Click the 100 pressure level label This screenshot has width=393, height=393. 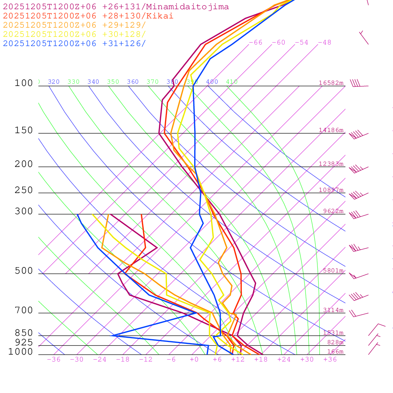pos(24,83)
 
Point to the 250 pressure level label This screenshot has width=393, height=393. pos(24,190)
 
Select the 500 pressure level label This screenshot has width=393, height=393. pos(24,271)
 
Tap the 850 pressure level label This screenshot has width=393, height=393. pos(24,333)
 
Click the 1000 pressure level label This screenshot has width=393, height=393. pos(21,352)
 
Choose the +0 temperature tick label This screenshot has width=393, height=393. pos(194,360)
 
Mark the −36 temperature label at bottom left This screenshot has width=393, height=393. pos(53,360)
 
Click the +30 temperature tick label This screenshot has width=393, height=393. pos(307,360)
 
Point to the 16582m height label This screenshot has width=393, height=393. pos(331,83)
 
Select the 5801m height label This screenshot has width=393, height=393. pos(333,271)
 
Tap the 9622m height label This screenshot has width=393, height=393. pos(333,211)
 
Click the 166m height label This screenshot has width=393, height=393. pos(335,352)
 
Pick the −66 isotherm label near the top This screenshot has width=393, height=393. pos(255,43)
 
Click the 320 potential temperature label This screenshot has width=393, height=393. pos(54,82)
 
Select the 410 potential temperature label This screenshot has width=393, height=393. pos(232,82)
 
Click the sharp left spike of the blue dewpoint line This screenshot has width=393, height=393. pos(113,335)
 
